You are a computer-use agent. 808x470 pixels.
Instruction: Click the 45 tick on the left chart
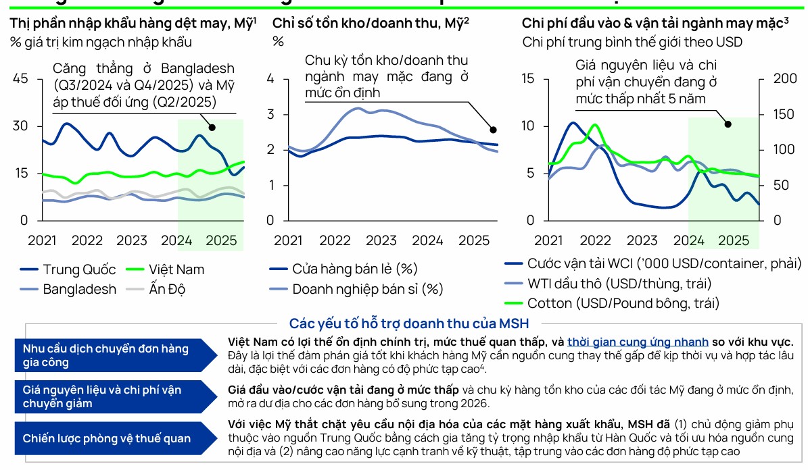pyautogui.click(x=20, y=78)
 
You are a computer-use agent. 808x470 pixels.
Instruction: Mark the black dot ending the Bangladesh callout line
pyautogui.click(x=212, y=127)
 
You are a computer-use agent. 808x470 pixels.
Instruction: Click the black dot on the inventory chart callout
pyautogui.click(x=493, y=130)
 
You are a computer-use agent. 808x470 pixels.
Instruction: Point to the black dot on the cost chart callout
pyautogui.click(x=728, y=124)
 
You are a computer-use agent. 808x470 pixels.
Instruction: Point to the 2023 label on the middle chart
pyautogui.click(x=381, y=240)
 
